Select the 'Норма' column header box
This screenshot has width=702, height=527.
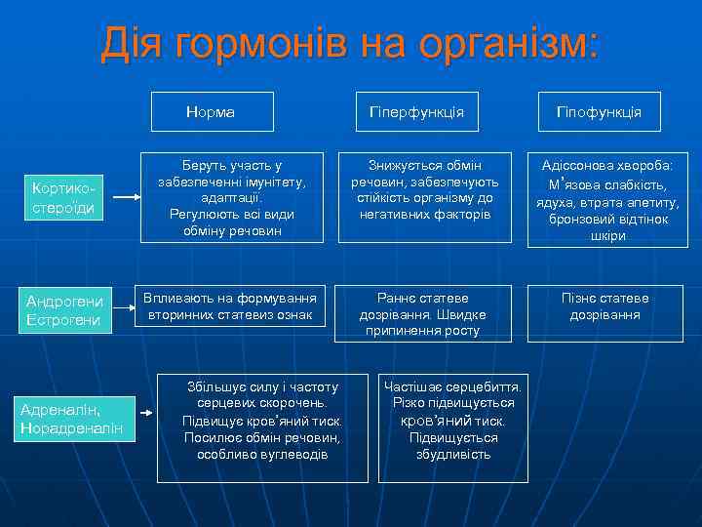pyautogui.click(x=211, y=111)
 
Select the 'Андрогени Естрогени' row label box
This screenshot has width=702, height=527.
pyautogui.click(x=63, y=310)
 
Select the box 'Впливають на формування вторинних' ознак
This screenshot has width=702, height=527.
pyautogui.click(x=229, y=307)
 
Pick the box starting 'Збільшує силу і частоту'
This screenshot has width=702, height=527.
pyautogui.click(x=262, y=426)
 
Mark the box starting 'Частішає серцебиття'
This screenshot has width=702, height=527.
pyautogui.click(x=452, y=426)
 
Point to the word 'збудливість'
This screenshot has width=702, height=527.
pyautogui.click(x=453, y=454)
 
